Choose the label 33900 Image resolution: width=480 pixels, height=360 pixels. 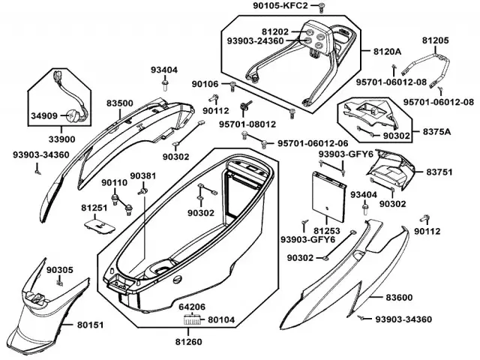pyautogui.click(x=62, y=139)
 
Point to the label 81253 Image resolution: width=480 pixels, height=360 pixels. pyautogui.click(x=327, y=230)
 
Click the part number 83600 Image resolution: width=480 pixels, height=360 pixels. pyautogui.click(x=399, y=298)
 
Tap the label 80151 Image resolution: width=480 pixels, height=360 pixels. pyautogui.click(x=90, y=325)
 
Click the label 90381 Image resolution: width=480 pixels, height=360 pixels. pyautogui.click(x=142, y=176)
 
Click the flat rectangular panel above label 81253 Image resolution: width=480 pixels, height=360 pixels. pyautogui.click(x=328, y=193)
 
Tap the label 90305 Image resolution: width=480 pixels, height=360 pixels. pyautogui.click(x=59, y=269)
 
